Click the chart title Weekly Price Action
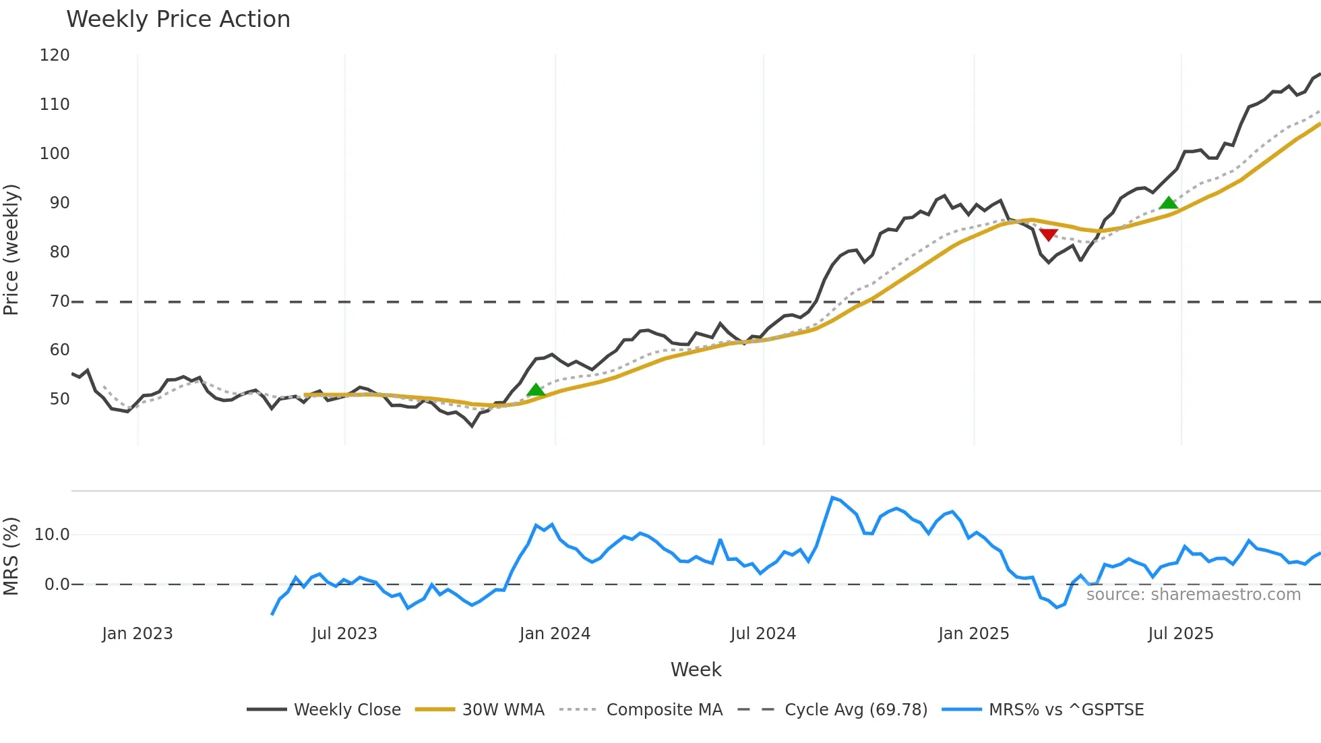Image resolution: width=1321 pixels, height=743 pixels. point(178,20)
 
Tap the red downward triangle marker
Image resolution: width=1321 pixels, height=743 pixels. point(1048,234)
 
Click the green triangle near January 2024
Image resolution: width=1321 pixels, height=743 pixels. point(535,390)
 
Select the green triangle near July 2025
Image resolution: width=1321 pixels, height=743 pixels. point(1168,202)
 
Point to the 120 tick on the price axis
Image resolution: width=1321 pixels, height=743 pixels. point(55,55)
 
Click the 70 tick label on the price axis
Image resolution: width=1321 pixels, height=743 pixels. point(59,301)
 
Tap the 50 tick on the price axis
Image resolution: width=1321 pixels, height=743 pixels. point(59,399)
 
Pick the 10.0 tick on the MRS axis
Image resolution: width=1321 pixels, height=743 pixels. point(52,535)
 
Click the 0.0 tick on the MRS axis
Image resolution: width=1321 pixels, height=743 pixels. point(57,585)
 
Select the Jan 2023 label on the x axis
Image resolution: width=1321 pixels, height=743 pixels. point(137,634)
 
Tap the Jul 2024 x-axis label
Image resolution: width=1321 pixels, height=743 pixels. point(763,634)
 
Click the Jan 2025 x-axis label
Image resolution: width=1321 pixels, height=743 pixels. point(973,634)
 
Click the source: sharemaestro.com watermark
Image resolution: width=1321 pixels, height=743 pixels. point(1193,595)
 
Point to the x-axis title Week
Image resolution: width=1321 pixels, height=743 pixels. point(696,670)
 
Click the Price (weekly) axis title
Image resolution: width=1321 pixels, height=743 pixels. point(11,249)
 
